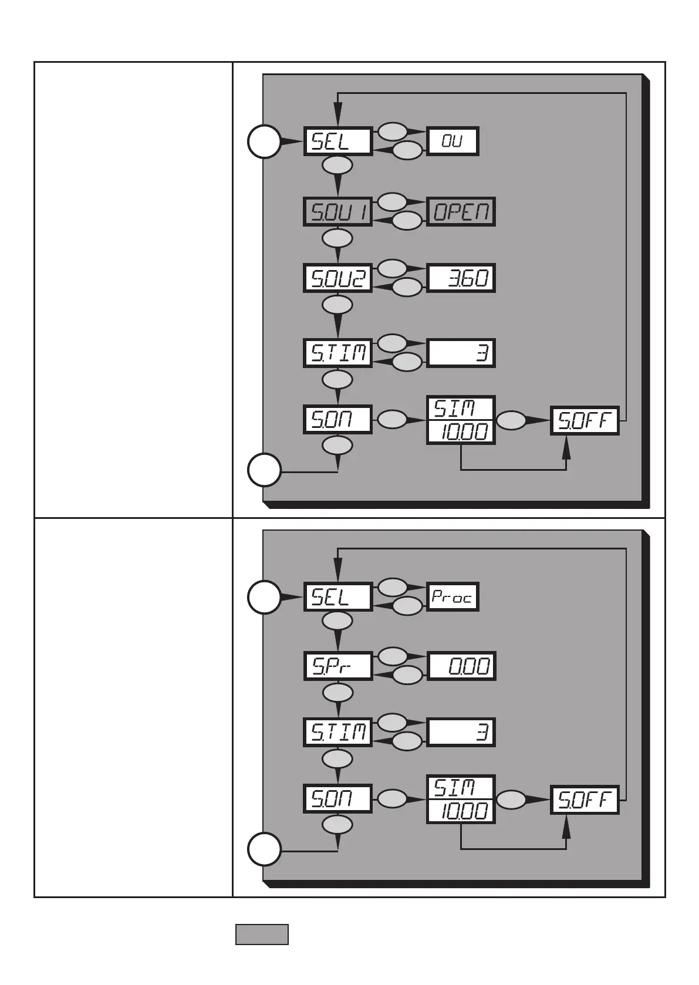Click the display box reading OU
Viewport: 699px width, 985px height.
[x=452, y=141]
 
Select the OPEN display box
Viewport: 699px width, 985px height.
[x=461, y=212]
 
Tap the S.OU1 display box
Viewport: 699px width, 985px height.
[x=338, y=212]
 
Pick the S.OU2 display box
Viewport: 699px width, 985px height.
[x=338, y=278]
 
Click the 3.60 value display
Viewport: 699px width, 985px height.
[x=461, y=278]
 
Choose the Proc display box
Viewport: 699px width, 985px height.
[x=452, y=597]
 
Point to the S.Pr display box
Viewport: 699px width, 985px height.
[x=338, y=666]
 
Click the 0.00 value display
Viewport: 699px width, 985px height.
[x=461, y=666]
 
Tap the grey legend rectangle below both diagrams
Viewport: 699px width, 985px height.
[x=262, y=935]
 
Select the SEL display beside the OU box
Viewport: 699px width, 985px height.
[x=338, y=141]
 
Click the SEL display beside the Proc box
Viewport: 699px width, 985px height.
[x=338, y=597]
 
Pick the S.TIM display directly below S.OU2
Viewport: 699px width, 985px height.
[x=338, y=353]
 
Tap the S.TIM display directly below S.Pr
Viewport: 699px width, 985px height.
[x=338, y=732]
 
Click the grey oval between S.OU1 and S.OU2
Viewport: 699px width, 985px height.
[x=337, y=238]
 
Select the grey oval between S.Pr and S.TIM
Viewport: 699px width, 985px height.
[x=337, y=693]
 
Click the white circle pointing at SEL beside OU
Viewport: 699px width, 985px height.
[x=264, y=141]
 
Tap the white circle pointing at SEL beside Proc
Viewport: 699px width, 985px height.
[x=264, y=597]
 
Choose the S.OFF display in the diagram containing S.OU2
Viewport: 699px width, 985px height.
[x=585, y=420]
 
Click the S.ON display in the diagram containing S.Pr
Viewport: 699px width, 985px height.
[x=338, y=799]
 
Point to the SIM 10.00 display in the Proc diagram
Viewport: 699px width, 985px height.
[x=461, y=799]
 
